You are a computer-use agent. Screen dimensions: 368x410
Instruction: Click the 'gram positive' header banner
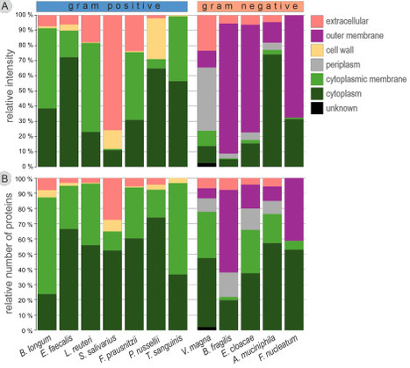tap(111, 7)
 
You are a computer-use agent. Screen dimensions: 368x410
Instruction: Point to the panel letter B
tap(6, 177)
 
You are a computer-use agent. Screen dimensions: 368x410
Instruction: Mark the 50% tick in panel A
tap(26, 90)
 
